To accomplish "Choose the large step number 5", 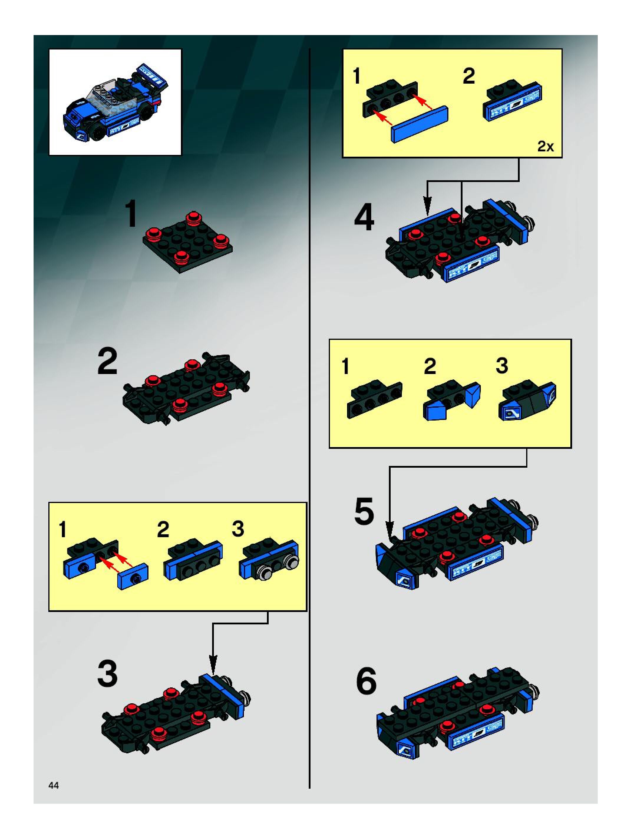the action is [x=364, y=511].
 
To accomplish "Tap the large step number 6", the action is [x=366, y=681].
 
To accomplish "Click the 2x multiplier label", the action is [x=545, y=146].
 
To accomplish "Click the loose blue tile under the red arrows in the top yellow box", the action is [x=420, y=124].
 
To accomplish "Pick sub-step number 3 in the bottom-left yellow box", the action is [x=238, y=529].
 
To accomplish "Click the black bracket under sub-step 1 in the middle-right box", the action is [x=374, y=399].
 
